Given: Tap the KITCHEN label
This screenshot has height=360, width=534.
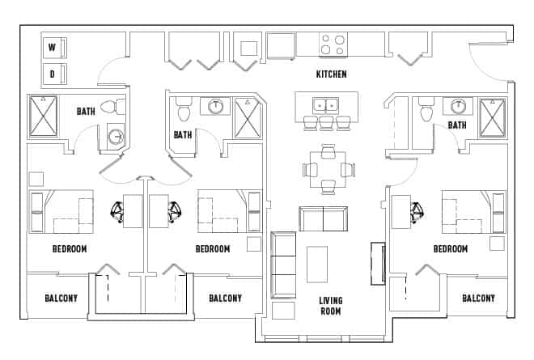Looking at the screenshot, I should click(331, 74).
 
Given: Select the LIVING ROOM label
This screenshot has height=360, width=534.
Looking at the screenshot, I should click(330, 307).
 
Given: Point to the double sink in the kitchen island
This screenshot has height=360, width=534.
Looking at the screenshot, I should click(326, 104).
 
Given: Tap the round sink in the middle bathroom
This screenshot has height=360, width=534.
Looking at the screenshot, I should click(216, 105).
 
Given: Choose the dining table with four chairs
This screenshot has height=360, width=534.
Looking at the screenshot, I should click(327, 169).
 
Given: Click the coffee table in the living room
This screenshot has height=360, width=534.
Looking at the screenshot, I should click(317, 264).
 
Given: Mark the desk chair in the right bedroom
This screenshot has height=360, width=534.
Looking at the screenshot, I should click(417, 212).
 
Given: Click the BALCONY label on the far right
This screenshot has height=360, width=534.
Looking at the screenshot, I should click(478, 299).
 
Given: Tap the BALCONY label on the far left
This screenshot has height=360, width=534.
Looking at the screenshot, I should click(61, 299).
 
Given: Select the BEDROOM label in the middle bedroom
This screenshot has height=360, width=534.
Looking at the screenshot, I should click(213, 249).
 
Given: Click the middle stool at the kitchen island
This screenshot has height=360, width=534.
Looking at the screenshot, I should click(326, 123).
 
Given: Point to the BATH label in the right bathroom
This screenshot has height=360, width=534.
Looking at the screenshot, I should click(457, 125).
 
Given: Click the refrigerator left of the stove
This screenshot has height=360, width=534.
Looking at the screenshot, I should click(280, 45).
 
